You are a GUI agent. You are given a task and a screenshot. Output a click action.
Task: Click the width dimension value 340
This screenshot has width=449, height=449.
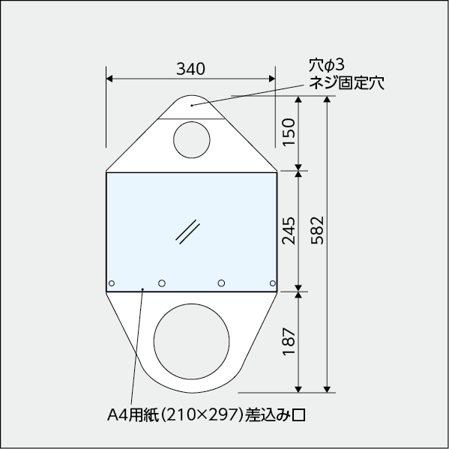click(x=191, y=68)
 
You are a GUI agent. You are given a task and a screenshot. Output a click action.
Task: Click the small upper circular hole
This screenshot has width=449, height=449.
click(x=193, y=139)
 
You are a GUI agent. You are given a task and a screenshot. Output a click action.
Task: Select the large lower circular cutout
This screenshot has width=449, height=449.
click(x=191, y=340)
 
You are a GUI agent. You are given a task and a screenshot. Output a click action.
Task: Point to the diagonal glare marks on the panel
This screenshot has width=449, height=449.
click(x=187, y=231)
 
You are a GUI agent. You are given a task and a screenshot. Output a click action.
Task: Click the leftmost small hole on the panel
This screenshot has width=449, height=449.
click(x=112, y=283)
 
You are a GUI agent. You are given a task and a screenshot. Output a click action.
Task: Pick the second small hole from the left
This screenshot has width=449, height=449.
click(x=162, y=283)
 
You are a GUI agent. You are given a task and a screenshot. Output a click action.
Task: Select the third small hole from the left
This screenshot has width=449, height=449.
click(x=221, y=283)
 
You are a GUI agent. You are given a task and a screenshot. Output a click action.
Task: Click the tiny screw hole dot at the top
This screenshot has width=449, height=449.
click(x=192, y=105)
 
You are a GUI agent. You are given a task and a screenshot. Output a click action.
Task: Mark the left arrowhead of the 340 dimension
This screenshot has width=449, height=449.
click(x=109, y=78)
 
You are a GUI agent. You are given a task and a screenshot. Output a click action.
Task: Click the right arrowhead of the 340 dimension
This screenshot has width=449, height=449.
click(x=272, y=78)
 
